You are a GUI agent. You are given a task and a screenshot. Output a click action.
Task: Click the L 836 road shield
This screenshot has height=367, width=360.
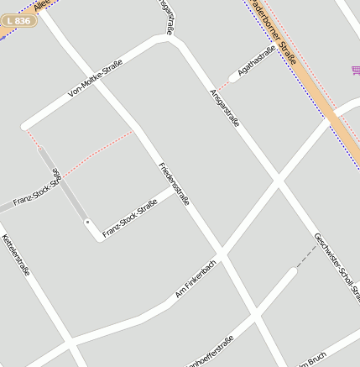(18, 20)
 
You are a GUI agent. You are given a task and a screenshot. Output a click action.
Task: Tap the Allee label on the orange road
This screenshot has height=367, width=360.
(43, 6)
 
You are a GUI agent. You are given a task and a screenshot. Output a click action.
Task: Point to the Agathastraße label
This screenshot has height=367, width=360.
(257, 61)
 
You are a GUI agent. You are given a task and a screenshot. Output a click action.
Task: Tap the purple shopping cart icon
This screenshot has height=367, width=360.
(356, 71)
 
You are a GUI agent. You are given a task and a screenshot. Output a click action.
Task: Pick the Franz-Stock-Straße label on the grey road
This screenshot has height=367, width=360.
(38, 193)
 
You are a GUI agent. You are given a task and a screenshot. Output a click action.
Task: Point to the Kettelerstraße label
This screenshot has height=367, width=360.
(16, 255)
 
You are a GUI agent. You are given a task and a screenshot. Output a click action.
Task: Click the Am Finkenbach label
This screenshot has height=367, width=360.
(196, 280)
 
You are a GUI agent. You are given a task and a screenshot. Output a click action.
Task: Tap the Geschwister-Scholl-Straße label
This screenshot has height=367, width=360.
(337, 265)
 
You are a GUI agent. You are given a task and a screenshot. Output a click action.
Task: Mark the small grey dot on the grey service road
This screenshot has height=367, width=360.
(87, 221)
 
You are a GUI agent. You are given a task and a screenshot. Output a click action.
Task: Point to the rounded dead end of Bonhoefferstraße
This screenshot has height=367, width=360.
(292, 270)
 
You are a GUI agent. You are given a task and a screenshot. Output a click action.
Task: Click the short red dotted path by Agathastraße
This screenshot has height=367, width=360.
(224, 82)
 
